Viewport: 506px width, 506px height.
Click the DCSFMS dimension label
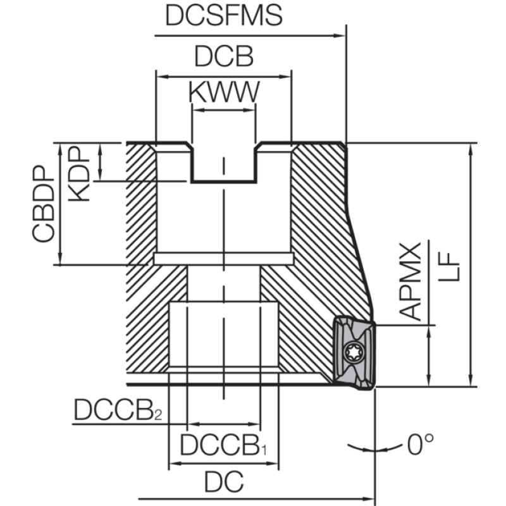[x=224, y=15]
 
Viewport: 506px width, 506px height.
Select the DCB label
[x=224, y=56]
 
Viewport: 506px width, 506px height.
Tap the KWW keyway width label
[x=224, y=92]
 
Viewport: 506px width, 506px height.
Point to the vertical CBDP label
[x=43, y=203]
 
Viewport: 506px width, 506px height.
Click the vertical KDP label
[x=78, y=174]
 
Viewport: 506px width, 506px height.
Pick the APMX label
[x=410, y=281]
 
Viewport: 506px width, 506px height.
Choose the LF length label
[x=448, y=266]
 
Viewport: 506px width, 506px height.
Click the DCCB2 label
[x=118, y=410]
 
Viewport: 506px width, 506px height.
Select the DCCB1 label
[x=223, y=445]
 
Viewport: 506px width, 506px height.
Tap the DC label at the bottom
[x=224, y=482]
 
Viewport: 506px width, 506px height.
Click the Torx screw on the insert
[x=354, y=352]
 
